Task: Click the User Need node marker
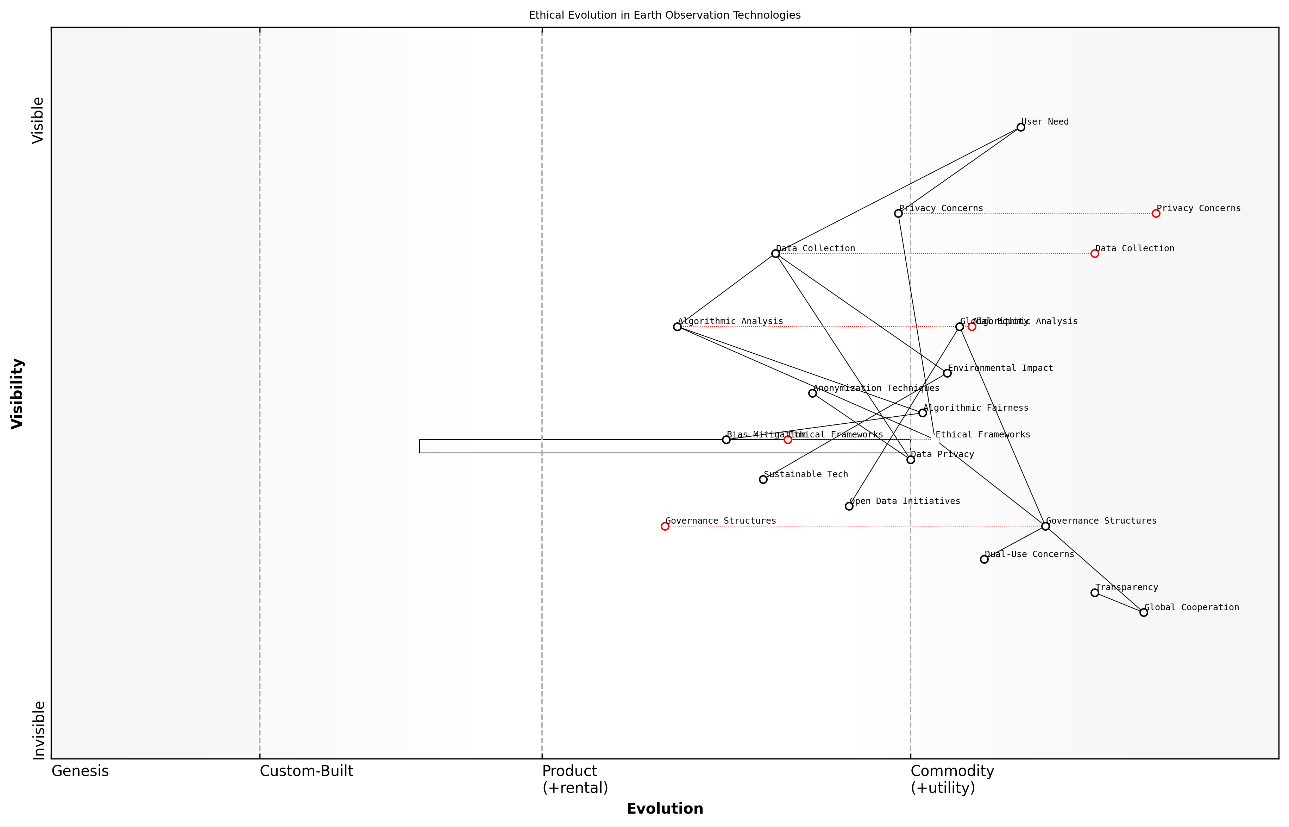click(x=1020, y=127)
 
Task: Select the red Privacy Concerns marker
click(x=1156, y=214)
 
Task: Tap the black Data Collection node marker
click(x=775, y=253)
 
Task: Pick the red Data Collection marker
click(x=1095, y=253)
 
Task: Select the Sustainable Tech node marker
click(x=763, y=480)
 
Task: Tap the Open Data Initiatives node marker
click(x=849, y=506)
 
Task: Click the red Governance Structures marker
click(x=665, y=526)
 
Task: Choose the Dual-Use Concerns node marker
click(x=984, y=560)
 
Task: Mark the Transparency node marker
click(x=1095, y=593)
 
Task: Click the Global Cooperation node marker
click(x=1143, y=613)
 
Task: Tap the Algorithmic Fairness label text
click(x=976, y=408)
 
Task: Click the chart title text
click(x=664, y=15)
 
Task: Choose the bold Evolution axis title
click(x=664, y=809)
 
